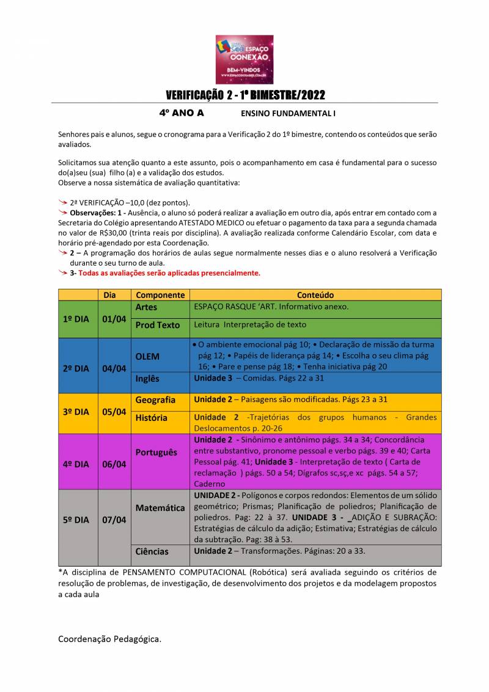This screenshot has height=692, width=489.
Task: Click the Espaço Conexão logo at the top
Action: [244, 59]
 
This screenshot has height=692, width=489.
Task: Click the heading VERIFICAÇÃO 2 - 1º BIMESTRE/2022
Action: [245, 95]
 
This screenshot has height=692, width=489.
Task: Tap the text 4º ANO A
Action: [182, 113]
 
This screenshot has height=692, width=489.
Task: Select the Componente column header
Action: [160, 295]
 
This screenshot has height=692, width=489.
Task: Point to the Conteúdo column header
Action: [315, 295]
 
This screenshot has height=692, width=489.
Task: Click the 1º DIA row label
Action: [78, 319]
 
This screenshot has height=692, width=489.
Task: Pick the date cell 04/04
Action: [114, 368]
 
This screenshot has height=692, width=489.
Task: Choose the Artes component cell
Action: [146, 307]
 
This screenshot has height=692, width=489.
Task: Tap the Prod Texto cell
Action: [157, 325]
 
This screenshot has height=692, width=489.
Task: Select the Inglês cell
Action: [147, 379]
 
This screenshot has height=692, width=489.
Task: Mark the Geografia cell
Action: [155, 400]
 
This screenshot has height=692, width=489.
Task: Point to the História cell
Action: [151, 418]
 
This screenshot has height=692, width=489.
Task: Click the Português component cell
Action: [156, 452]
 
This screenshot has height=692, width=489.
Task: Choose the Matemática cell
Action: [160, 508]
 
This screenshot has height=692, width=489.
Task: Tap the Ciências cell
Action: [152, 551]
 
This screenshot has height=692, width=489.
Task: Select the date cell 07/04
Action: [114, 520]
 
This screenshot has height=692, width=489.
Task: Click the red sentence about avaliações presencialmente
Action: [169, 273]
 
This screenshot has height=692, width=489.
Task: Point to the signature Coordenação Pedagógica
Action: [109, 639]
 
